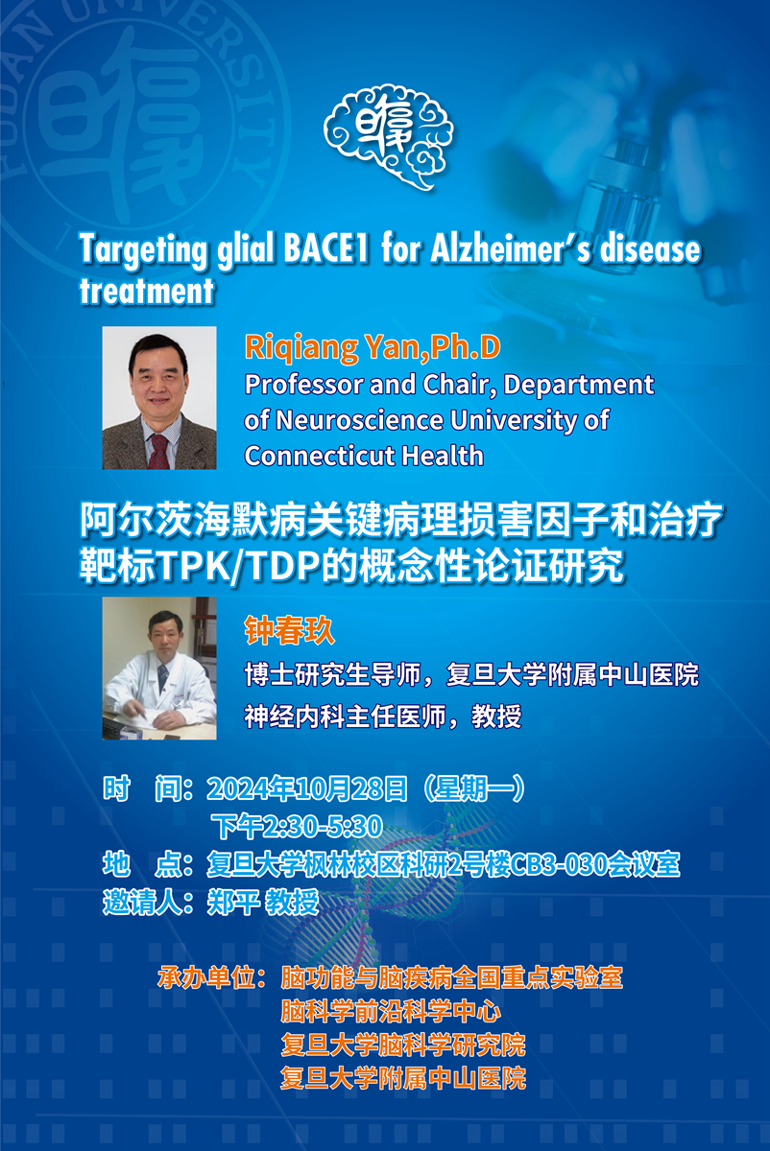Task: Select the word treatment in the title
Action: pyautogui.click(x=147, y=290)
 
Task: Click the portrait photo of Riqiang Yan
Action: pyautogui.click(x=159, y=398)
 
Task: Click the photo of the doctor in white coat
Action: pyautogui.click(x=159, y=669)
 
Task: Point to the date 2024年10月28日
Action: pyautogui.click(x=307, y=789)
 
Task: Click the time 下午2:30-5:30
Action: pyautogui.click(x=298, y=825)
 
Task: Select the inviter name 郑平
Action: pyautogui.click(x=229, y=902)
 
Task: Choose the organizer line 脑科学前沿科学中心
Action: pyautogui.click(x=390, y=1011)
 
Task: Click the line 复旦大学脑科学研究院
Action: pyautogui.click(x=402, y=1044)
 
